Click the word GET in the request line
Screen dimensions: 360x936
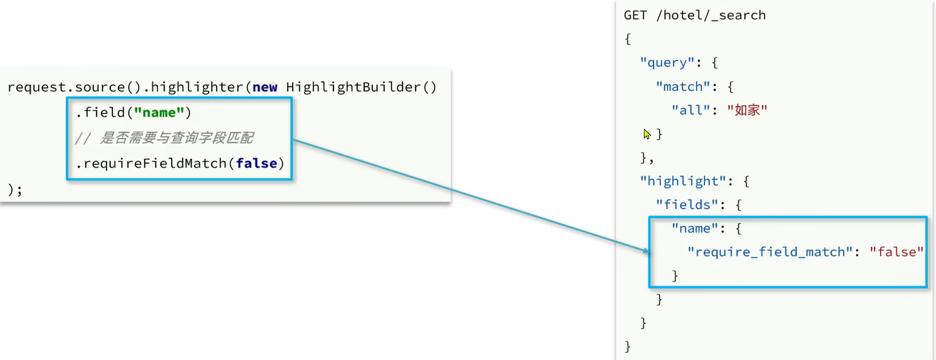pyautogui.click(x=636, y=15)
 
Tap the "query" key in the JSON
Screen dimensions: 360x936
pyautogui.click(x=666, y=62)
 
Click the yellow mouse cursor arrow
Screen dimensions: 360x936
pyautogui.click(x=648, y=134)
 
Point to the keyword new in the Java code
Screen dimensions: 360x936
pyautogui.click(x=265, y=87)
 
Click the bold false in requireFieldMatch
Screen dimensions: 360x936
pyautogui.click(x=256, y=164)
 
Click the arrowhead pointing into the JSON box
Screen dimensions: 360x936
pyautogui.click(x=647, y=250)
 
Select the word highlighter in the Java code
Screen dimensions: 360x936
pyautogui.click(x=194, y=87)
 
